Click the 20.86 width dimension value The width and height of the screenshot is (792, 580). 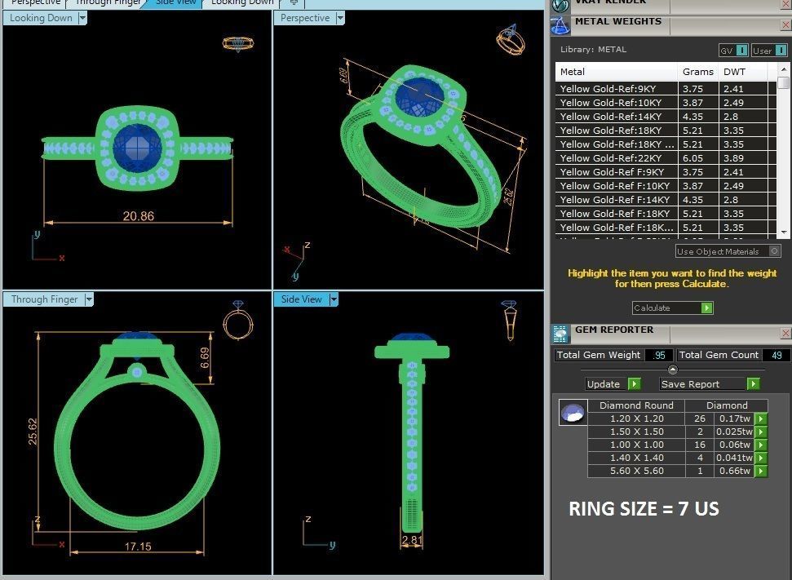coord(138,216)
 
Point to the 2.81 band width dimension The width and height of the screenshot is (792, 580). coord(412,539)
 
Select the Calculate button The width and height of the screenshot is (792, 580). coord(672,308)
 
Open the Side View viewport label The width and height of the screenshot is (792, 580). coord(302,299)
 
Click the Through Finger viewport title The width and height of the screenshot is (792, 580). coord(45,299)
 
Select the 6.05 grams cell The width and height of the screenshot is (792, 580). coord(693,158)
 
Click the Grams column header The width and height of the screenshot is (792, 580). coord(698,72)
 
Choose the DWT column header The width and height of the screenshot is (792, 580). coord(734,72)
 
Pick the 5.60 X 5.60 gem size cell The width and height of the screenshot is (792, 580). coord(636,471)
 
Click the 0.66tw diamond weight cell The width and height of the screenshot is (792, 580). coord(732,471)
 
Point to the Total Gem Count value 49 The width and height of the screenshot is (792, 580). coord(775,355)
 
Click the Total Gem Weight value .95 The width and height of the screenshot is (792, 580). coord(658,355)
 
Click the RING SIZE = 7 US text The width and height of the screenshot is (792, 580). coord(644,509)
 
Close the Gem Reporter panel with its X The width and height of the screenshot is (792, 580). coord(785,333)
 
